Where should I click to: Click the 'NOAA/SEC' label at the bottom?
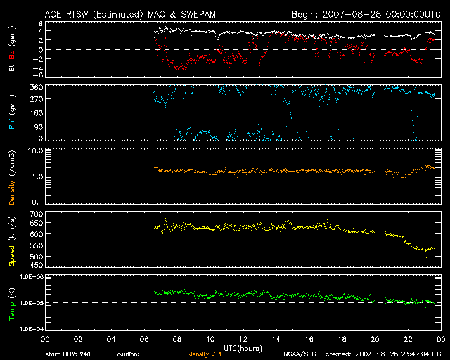299,354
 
